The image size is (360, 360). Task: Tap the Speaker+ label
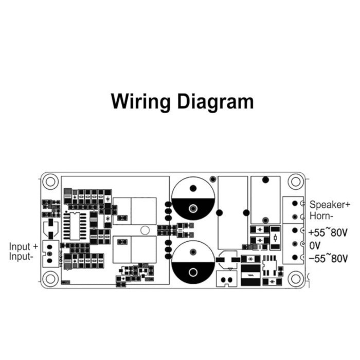(x=330, y=204)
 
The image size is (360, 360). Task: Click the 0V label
(x=315, y=245)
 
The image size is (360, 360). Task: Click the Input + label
(x=24, y=246)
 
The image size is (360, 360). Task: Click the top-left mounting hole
(x=50, y=182)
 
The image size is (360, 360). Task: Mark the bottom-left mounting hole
(x=50, y=279)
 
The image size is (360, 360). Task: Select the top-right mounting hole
(x=296, y=182)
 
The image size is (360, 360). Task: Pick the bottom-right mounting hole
(x=296, y=279)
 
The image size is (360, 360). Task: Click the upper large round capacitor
(x=193, y=199)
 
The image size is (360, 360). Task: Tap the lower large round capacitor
(x=193, y=263)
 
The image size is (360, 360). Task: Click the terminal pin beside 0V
(x=295, y=244)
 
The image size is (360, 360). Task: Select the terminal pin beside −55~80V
(x=295, y=257)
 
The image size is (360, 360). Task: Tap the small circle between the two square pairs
(x=146, y=230)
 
